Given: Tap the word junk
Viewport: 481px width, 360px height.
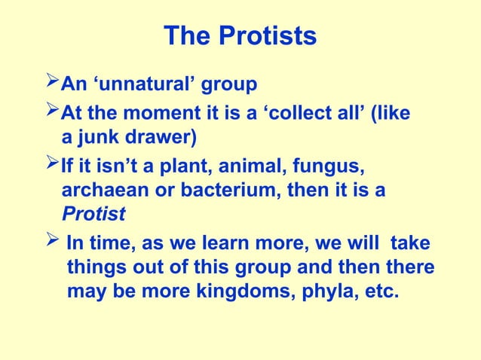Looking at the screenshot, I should coord(102,138).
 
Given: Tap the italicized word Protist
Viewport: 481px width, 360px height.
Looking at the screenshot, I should coord(93,214).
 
